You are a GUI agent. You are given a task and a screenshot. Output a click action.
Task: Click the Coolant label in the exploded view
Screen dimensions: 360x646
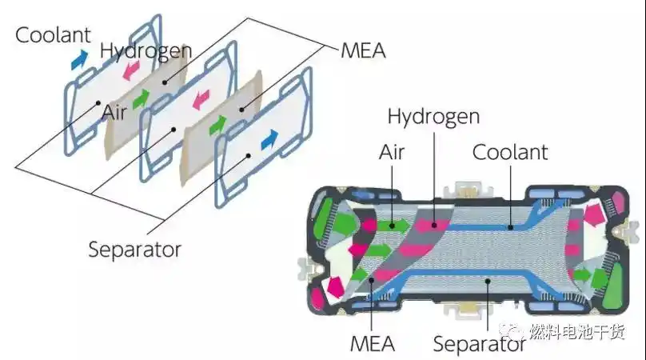[x=53, y=35]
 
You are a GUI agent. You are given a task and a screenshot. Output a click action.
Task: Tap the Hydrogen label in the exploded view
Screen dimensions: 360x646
[x=146, y=51]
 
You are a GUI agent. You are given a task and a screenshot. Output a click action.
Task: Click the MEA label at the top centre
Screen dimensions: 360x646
[x=363, y=51]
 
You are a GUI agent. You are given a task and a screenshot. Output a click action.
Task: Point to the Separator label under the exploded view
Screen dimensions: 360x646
[x=135, y=249]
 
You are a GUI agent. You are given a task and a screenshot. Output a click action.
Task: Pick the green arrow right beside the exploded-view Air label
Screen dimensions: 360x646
[x=141, y=100]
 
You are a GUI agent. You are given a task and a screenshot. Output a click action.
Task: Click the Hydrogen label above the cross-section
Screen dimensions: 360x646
[x=433, y=117]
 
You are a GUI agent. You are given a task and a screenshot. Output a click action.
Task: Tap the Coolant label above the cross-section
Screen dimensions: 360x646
[x=509, y=151]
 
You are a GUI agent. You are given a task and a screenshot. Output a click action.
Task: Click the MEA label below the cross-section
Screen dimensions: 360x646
[x=373, y=344]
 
